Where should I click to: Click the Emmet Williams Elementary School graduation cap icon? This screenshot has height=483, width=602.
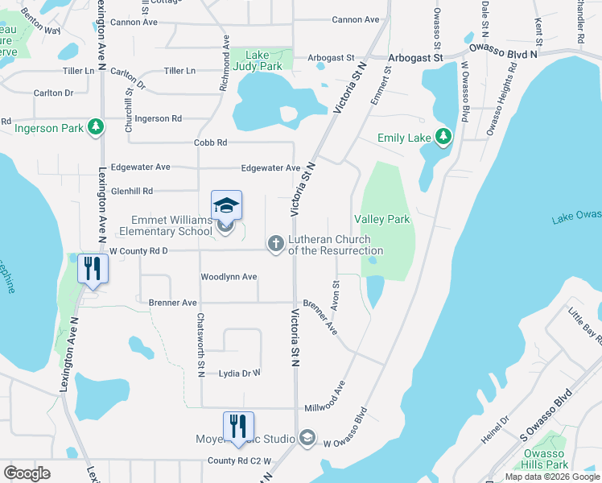(x=226, y=205)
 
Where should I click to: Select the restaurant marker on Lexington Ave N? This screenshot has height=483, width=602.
(x=93, y=268)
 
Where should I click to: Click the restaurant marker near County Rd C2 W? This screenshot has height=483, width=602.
(x=238, y=426)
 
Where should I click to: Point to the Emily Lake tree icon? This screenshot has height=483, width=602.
(x=442, y=138)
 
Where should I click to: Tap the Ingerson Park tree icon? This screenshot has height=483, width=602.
(x=96, y=127)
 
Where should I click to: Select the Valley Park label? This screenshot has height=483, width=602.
(x=382, y=219)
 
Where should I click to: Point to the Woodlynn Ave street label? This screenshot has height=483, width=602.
(x=229, y=277)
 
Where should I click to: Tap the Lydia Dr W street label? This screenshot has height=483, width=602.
(x=241, y=374)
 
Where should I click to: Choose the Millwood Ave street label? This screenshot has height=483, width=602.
(x=324, y=407)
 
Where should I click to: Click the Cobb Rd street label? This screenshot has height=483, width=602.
(x=211, y=142)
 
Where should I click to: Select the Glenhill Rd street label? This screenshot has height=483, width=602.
(x=132, y=192)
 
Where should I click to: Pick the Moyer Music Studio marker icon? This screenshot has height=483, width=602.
(x=307, y=438)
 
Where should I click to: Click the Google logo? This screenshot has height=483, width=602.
(x=27, y=473)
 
